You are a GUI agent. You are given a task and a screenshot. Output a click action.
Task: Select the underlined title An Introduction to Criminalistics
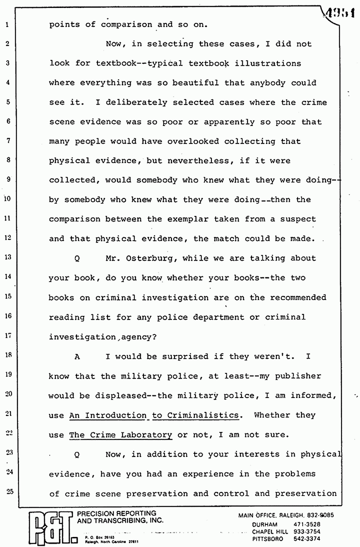pos(154,416)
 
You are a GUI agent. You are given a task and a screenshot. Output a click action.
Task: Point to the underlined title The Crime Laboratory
pos(121,435)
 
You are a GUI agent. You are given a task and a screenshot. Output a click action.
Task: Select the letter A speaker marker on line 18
pos(77,357)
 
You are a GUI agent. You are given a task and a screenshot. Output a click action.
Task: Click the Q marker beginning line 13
pos(77,258)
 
